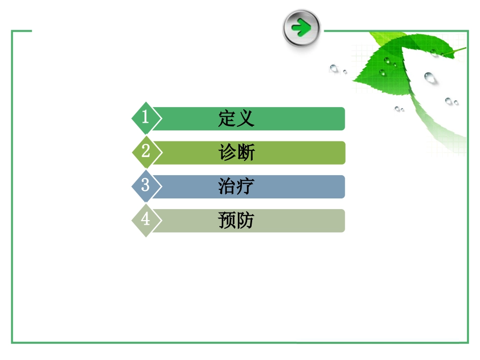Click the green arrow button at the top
point(302,28)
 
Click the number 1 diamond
point(146,118)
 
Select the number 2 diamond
point(146,152)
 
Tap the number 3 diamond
point(146,186)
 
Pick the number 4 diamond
point(146,220)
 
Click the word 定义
point(236,119)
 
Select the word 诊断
point(236,152)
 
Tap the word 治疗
point(236,186)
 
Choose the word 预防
point(236,221)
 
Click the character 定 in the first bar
point(227,119)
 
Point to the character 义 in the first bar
point(245,119)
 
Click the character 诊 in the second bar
point(227,152)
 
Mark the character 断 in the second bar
point(245,152)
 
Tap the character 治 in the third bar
point(227,186)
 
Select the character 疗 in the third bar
point(245,186)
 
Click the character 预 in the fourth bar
point(227,221)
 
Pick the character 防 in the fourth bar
point(245,221)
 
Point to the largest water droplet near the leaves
point(430,78)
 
